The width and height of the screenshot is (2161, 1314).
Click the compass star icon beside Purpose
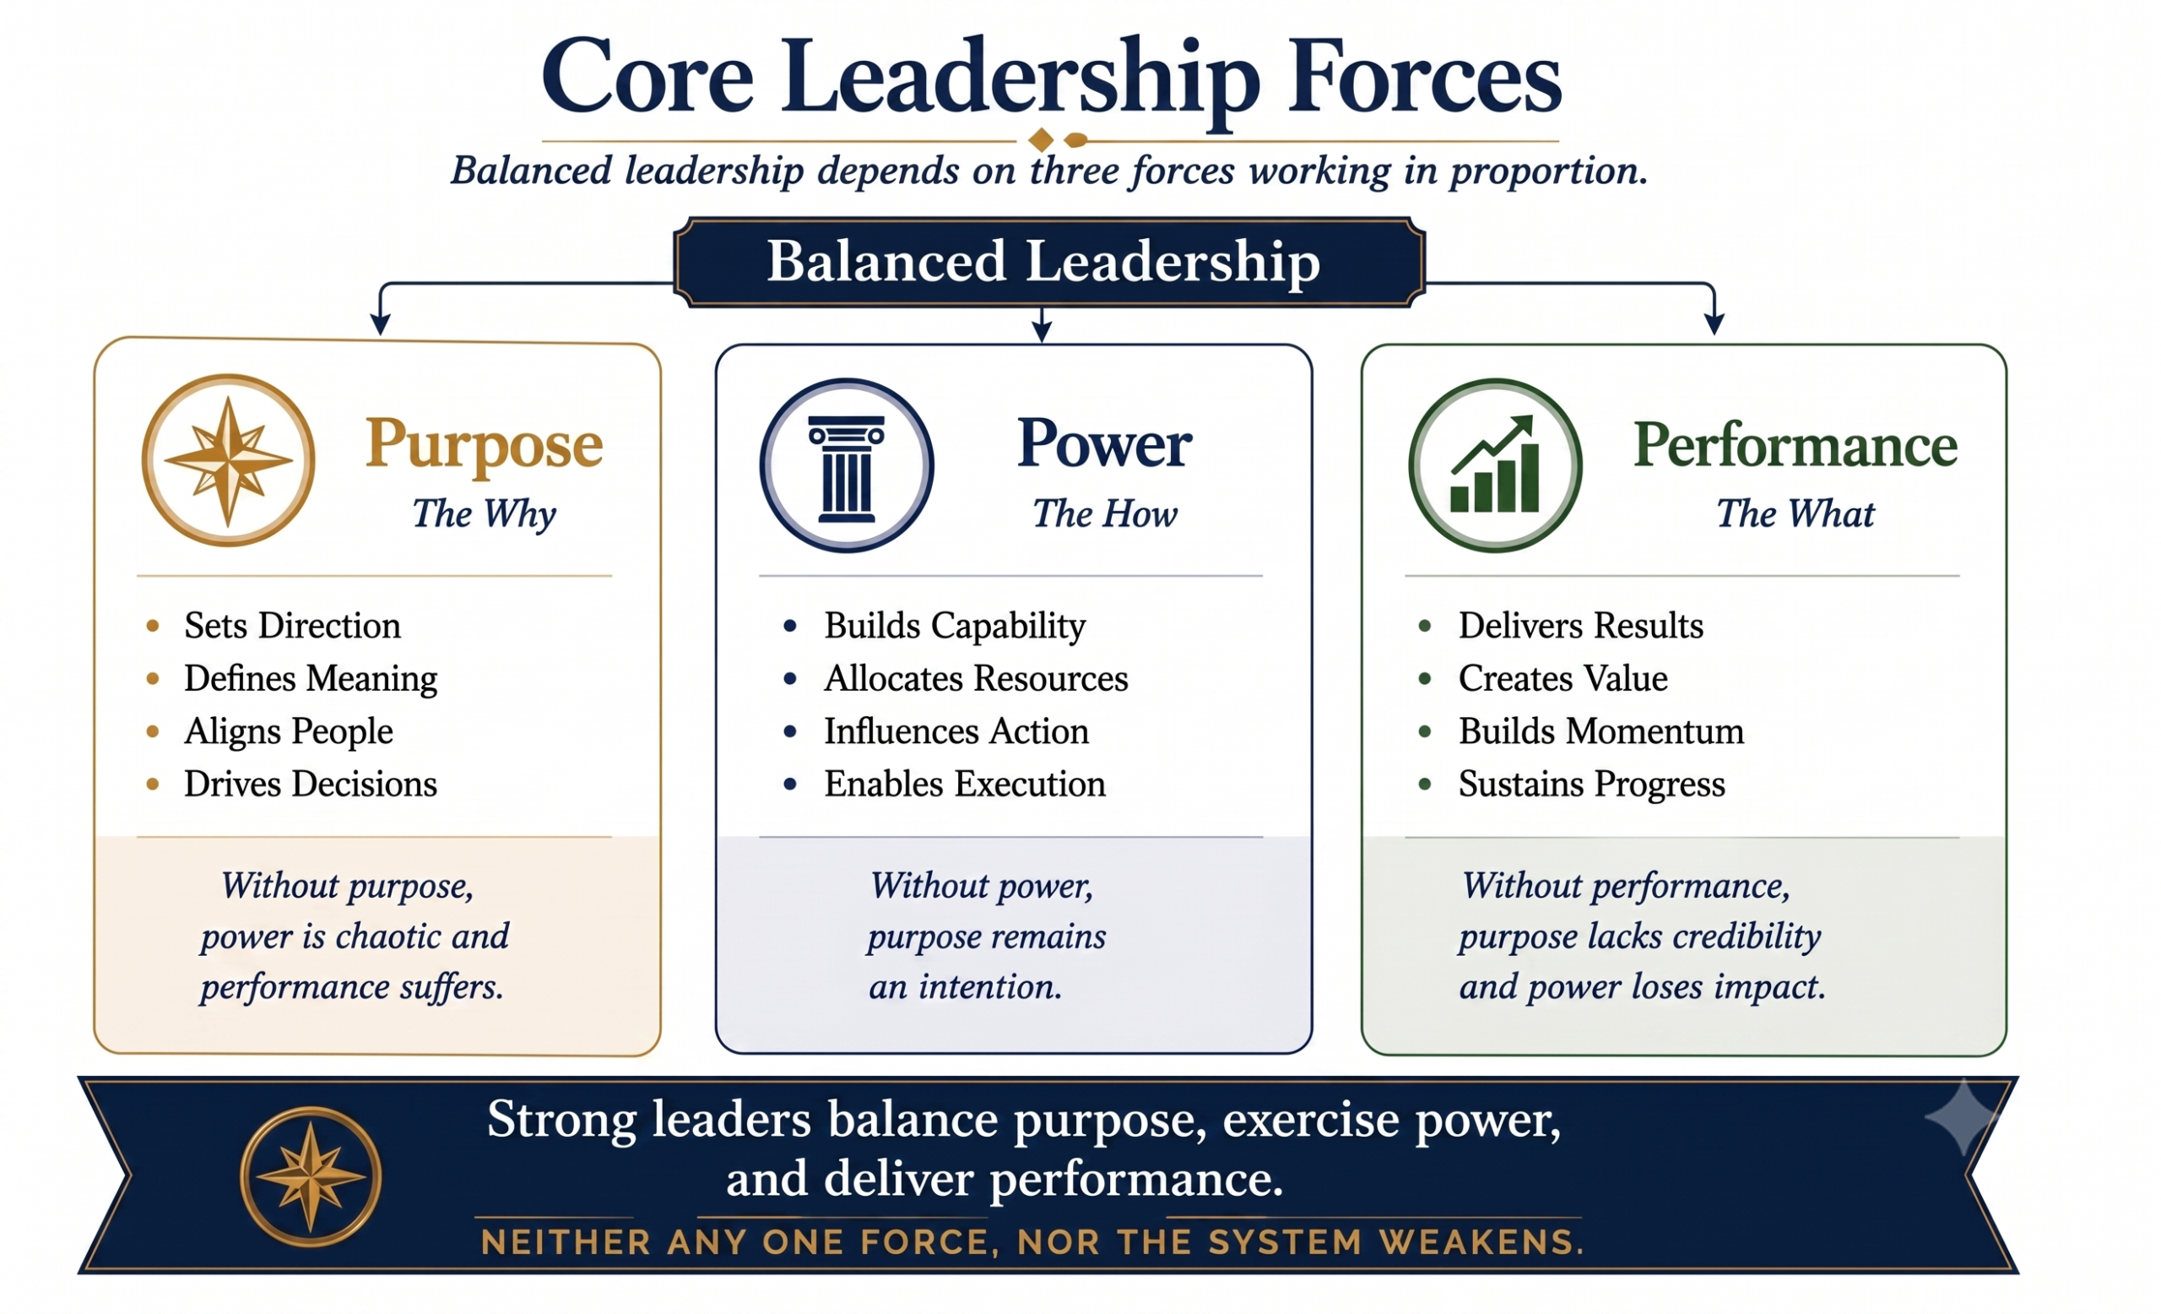(228, 460)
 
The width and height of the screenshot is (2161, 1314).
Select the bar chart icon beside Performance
(1495, 465)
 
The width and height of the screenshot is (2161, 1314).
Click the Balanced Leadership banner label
(1043, 262)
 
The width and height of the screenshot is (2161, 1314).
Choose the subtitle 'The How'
(1105, 513)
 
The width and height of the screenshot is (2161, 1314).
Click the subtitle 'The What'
(1795, 513)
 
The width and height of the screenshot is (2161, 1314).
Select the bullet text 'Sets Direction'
(292, 626)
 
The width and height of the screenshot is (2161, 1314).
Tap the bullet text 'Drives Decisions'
(311, 784)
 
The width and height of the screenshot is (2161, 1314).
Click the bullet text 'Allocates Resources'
(976, 678)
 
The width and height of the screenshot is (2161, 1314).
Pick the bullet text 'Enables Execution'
(965, 784)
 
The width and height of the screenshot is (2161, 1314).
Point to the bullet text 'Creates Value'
(1563, 678)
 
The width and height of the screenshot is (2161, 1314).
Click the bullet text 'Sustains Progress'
(1592, 784)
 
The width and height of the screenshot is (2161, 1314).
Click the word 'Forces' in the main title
(1423, 77)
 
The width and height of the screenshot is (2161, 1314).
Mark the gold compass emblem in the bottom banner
(311, 1176)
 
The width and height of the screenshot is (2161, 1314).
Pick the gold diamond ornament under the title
(1041, 139)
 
